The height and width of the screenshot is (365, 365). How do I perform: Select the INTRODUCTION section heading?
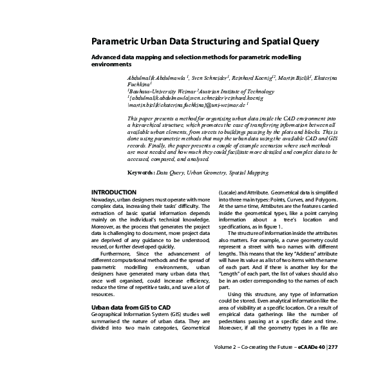(x=113, y=192)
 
